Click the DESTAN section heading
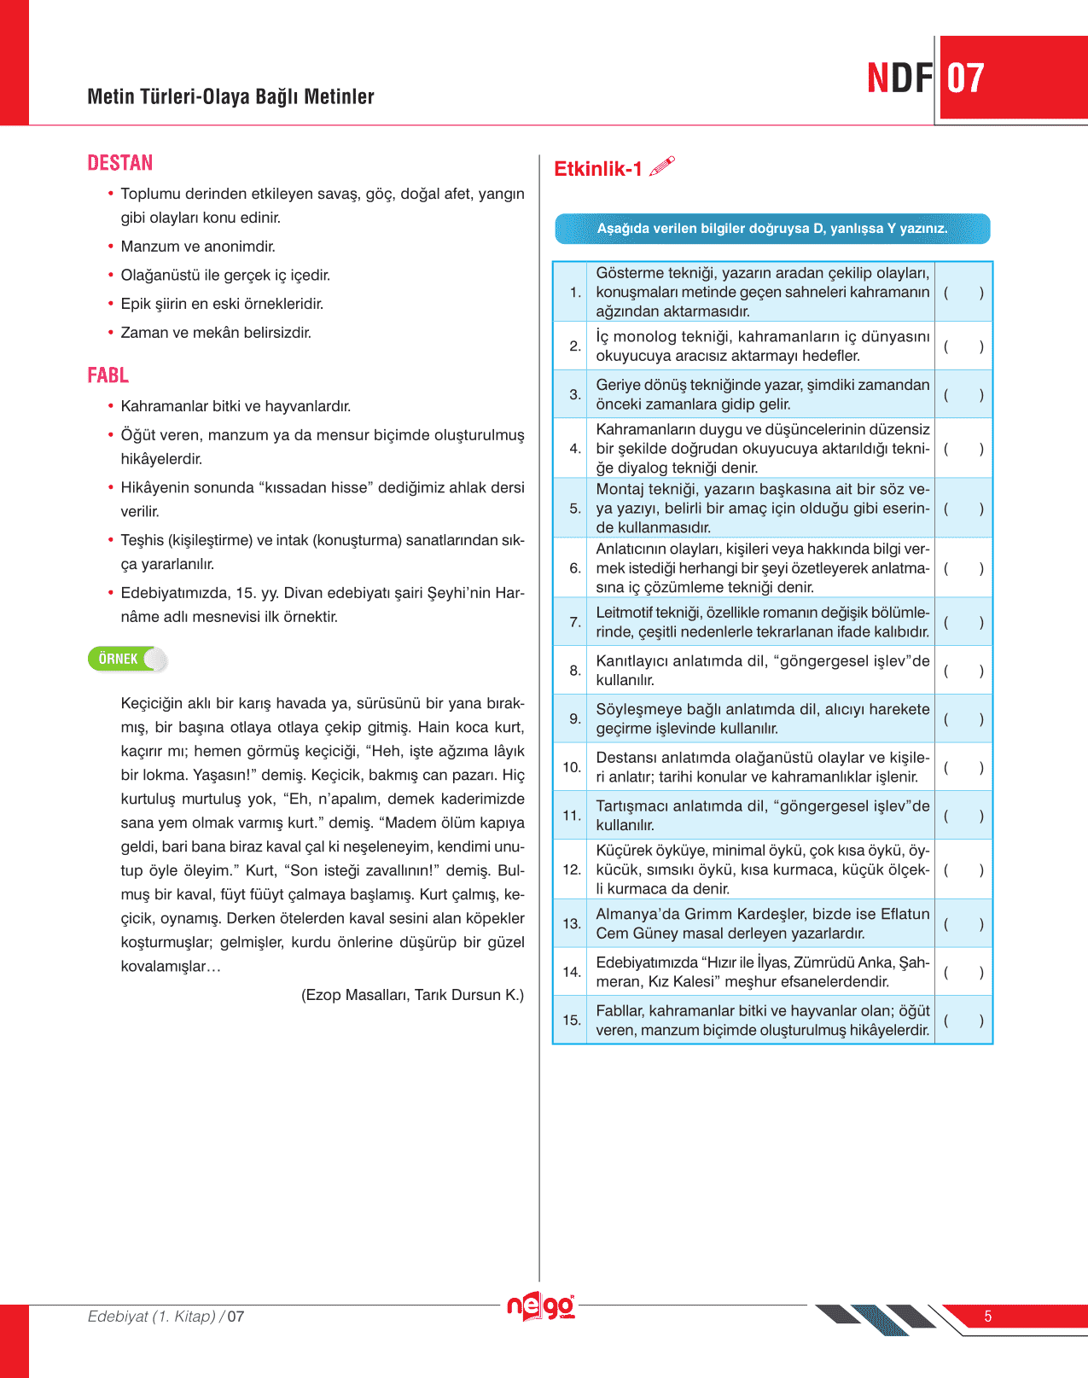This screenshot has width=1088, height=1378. (x=120, y=163)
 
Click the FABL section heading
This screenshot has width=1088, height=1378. (x=108, y=375)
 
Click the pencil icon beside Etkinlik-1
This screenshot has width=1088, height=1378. (x=662, y=166)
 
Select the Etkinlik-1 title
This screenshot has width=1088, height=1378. (x=597, y=169)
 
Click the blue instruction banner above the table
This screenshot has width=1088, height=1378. (x=772, y=229)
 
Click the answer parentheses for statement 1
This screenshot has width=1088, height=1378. (x=963, y=293)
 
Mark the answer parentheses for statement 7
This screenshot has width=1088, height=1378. (x=963, y=623)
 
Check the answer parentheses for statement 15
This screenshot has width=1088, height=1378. (x=963, y=1020)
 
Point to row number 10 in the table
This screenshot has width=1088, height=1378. (x=572, y=767)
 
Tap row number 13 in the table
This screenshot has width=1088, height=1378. (x=572, y=923)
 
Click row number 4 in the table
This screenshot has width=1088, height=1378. (x=575, y=448)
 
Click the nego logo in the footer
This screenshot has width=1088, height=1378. (x=541, y=1306)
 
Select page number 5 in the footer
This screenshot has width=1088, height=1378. (x=988, y=1317)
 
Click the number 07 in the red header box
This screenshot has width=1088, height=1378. (x=966, y=78)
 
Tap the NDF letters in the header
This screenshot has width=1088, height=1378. (x=899, y=78)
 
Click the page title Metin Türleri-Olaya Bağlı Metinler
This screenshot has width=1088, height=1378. (x=230, y=96)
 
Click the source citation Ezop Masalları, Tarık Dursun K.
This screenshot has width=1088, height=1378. (x=412, y=995)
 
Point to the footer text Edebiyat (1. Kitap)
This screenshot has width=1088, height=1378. (x=152, y=1317)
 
